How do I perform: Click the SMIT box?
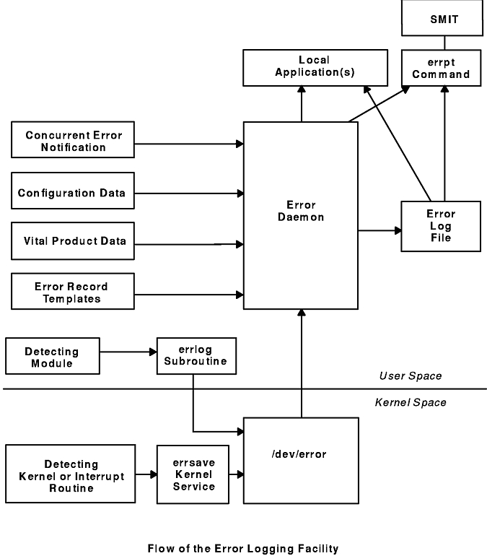tap(442, 18)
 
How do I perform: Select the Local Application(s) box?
tap(315, 68)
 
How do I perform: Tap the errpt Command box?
tap(442, 68)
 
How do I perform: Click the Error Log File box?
tap(441, 226)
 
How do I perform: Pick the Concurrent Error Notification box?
tap(73, 139)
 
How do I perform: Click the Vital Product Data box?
tap(73, 241)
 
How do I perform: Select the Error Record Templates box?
tap(73, 292)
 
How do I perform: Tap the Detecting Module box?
tap(53, 356)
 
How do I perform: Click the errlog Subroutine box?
tap(196, 356)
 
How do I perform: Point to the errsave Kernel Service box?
tap(193, 474)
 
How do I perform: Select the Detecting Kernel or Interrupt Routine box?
tap(71, 474)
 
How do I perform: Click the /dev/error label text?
tap(299, 454)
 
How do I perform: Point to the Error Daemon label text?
tap(301, 211)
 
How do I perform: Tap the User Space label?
tap(411, 376)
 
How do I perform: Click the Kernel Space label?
tap(411, 402)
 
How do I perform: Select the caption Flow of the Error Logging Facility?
tap(243, 549)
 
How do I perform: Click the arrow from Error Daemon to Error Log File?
tap(379, 230)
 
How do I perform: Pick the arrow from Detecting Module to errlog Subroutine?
tap(128, 352)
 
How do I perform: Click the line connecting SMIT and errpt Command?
tap(444, 43)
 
